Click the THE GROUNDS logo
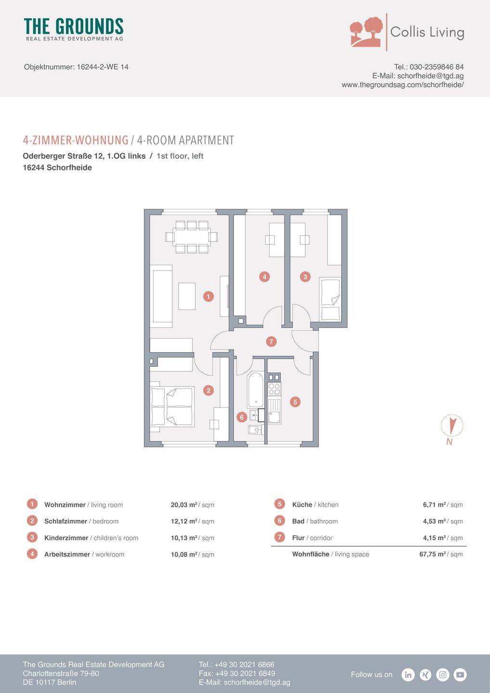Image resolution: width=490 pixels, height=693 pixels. point(74,29)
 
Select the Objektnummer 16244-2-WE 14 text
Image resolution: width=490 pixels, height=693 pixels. point(76,67)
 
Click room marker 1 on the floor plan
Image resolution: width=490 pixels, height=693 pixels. point(208,296)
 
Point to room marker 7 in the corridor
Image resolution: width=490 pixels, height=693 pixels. point(271,342)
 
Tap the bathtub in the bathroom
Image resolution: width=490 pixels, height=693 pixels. point(256,390)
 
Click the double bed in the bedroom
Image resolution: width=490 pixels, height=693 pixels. point(172,407)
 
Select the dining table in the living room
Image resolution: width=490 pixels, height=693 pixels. point(192,237)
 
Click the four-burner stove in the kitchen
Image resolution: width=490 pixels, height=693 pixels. point(274,389)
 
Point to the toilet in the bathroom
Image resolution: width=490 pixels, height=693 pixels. point(256,430)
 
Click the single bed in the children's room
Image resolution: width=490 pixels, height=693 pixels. point(330,300)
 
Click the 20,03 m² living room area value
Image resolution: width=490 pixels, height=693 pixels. point(184,505)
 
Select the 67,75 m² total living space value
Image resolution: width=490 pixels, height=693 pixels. point(433,554)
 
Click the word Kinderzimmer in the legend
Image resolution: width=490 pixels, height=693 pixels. point(66,538)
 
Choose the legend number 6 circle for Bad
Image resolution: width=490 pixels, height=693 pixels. point(279,521)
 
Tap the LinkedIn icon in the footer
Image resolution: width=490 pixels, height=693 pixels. point(408,675)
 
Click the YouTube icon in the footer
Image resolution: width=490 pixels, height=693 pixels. point(460,675)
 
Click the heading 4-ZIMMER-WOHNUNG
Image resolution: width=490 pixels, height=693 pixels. point(76,141)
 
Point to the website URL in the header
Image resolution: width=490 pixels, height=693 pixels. point(402,85)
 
